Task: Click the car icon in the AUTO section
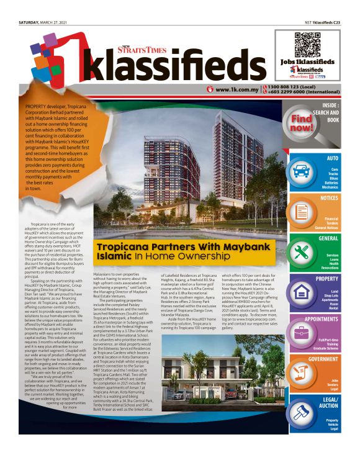point(302,171)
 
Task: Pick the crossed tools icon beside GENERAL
point(302,251)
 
